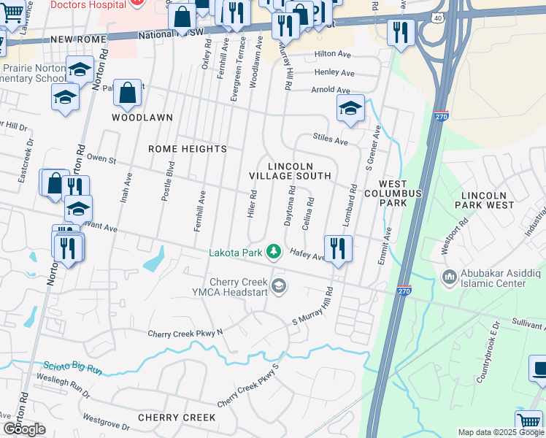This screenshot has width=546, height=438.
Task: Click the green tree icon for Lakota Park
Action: point(274,252)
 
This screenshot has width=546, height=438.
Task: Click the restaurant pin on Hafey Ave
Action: point(337,248)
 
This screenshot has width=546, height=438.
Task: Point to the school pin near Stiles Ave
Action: point(350,108)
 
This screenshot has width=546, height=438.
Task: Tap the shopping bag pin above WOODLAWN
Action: point(127,93)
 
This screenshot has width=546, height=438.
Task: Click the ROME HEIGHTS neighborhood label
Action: point(188,149)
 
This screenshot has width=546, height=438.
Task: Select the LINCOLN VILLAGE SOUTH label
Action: point(290,172)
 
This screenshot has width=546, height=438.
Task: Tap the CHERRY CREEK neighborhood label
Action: point(177,418)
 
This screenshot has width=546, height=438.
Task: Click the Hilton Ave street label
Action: point(334,55)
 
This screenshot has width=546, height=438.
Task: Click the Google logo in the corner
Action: point(23,429)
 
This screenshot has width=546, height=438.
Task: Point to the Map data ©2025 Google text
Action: point(500,432)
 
